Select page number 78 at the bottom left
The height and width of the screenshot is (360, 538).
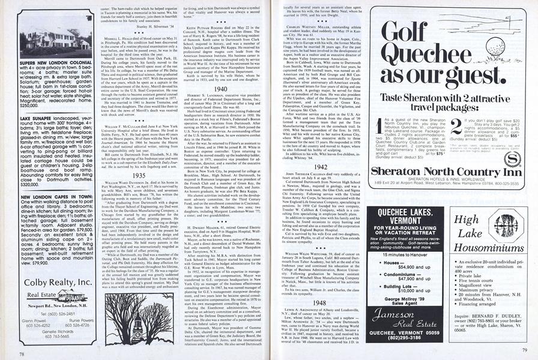(x=21, y=354)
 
